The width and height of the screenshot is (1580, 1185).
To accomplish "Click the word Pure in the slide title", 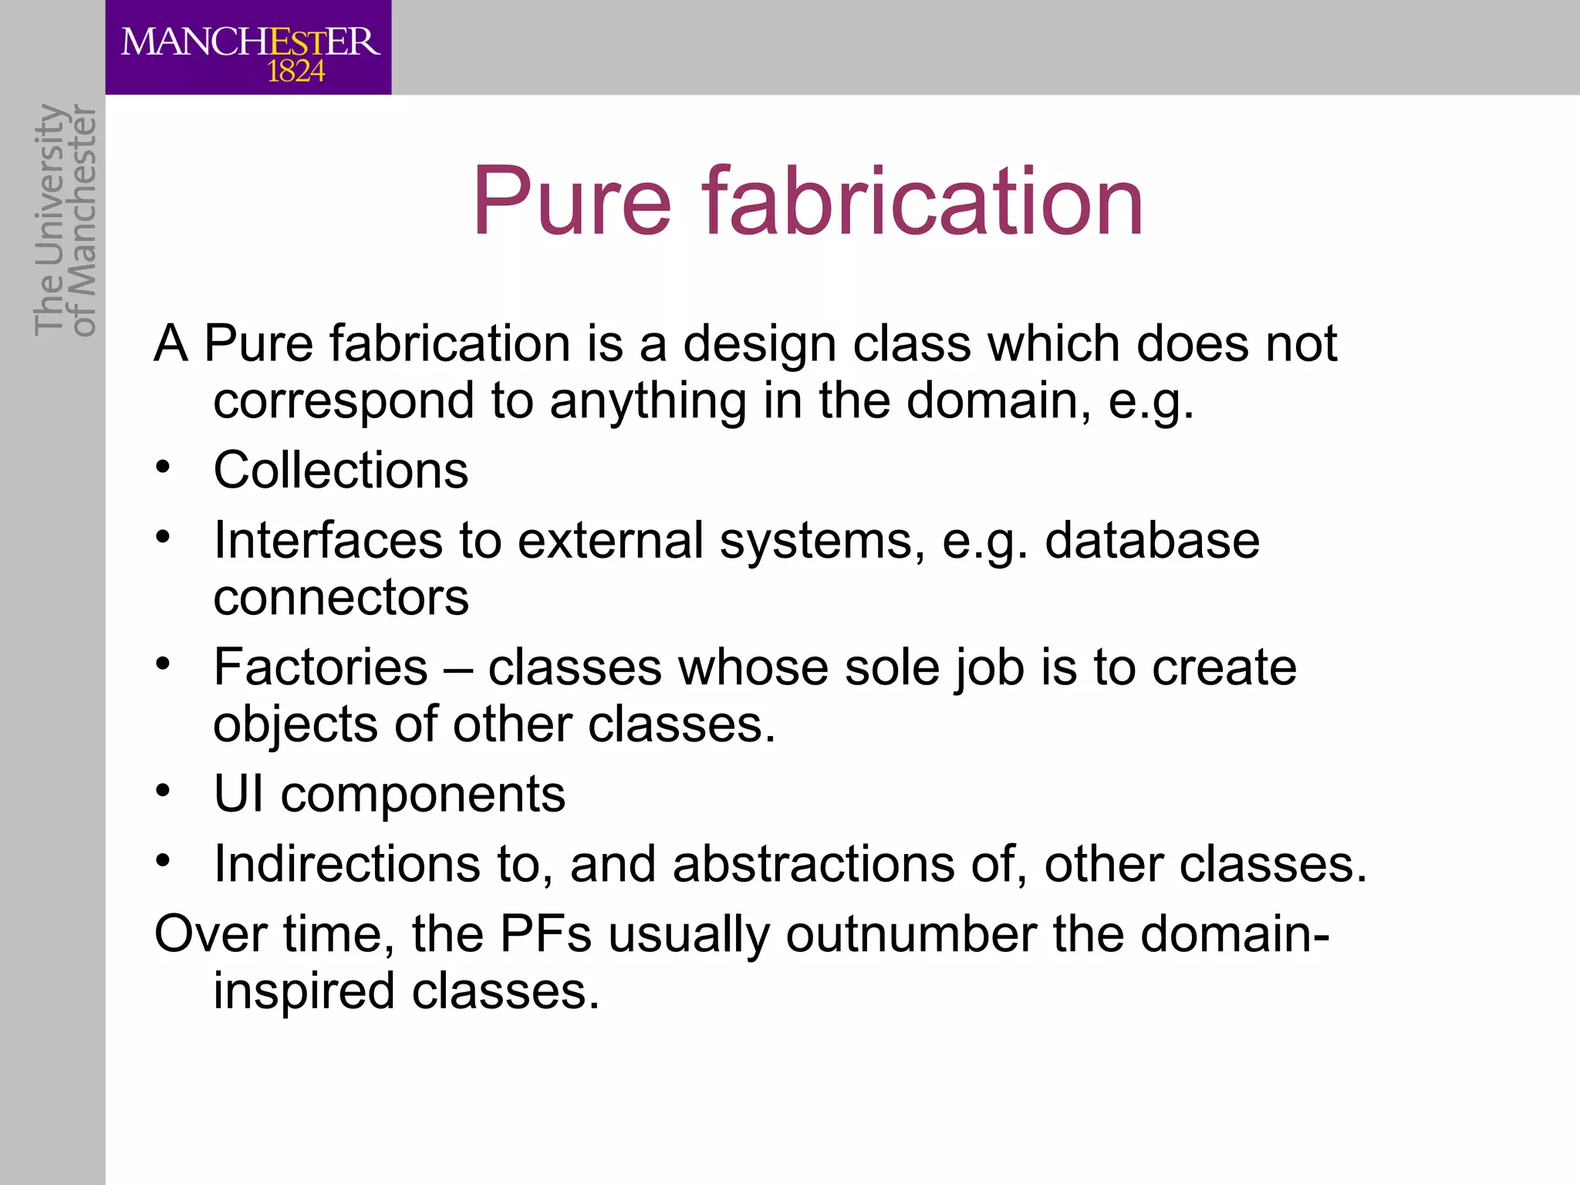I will [572, 202].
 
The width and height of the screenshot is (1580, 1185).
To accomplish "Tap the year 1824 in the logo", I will [296, 73].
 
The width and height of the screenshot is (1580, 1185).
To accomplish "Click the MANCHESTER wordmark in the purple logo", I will [250, 42].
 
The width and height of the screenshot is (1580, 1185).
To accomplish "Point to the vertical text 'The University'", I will [49, 220].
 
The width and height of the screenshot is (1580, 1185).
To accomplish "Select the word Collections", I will [340, 470].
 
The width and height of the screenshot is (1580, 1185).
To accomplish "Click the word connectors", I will [340, 597].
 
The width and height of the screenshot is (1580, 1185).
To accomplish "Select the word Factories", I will [320, 667].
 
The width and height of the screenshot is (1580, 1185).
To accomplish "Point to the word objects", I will [295, 725].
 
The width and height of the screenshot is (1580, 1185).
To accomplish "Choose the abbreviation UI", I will [238, 794].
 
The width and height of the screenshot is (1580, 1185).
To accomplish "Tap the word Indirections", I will [347, 863].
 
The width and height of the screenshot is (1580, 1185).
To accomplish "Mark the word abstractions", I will [813, 863].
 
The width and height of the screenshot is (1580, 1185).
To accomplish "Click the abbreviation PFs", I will [545, 933].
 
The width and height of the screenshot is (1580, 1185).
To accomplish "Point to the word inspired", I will [304, 991].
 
